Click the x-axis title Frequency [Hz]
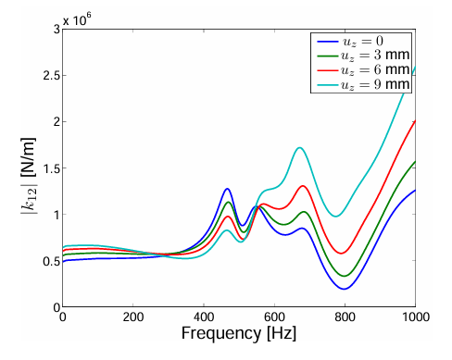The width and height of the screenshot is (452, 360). [239, 333]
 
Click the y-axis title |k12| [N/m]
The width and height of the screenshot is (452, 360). [29, 176]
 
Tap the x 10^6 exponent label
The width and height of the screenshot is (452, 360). [77, 19]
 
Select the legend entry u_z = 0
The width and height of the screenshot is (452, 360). [350, 41]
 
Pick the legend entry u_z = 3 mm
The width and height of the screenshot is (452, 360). [363, 56]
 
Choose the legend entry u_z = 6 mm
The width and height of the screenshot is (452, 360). [363, 69]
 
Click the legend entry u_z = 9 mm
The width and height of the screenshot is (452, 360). [363, 84]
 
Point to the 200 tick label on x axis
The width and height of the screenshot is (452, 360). [133, 317]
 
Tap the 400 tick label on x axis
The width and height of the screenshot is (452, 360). [204, 317]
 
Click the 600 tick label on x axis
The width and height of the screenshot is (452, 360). [274, 317]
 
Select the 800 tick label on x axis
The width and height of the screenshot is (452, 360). [345, 317]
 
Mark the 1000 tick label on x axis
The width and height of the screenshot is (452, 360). [416, 317]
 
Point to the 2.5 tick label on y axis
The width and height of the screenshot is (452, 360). [51, 76]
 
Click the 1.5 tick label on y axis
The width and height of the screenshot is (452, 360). [51, 168]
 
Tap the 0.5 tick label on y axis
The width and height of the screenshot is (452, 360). [51, 261]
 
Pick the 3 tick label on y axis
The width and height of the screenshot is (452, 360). [56, 30]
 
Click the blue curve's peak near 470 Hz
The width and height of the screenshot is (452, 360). [227, 189]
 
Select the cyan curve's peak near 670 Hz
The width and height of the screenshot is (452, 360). [299, 148]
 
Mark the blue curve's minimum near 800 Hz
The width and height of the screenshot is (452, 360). [344, 289]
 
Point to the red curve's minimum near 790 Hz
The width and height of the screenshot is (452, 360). [341, 254]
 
